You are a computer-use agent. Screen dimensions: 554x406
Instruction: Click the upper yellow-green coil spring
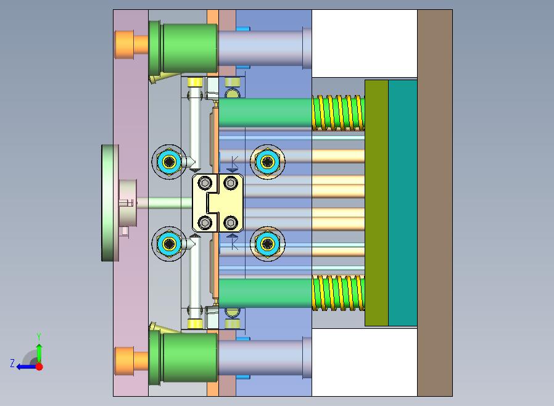pyautogui.click(x=338, y=113)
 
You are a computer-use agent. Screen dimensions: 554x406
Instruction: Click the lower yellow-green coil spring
pyautogui.click(x=338, y=293)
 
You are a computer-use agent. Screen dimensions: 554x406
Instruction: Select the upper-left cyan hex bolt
pyautogui.click(x=169, y=162)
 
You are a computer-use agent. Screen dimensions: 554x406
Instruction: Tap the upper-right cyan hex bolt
pyautogui.click(x=268, y=162)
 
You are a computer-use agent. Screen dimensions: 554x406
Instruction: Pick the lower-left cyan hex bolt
pyautogui.click(x=169, y=244)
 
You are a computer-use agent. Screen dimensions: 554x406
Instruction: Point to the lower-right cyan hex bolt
pyautogui.click(x=268, y=244)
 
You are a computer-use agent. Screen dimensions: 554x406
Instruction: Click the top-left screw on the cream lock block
pyautogui.click(x=205, y=183)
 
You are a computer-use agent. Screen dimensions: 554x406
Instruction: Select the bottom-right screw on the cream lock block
pyautogui.click(x=231, y=223)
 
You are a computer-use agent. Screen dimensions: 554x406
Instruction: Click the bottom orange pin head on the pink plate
pyautogui.click(x=131, y=361)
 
